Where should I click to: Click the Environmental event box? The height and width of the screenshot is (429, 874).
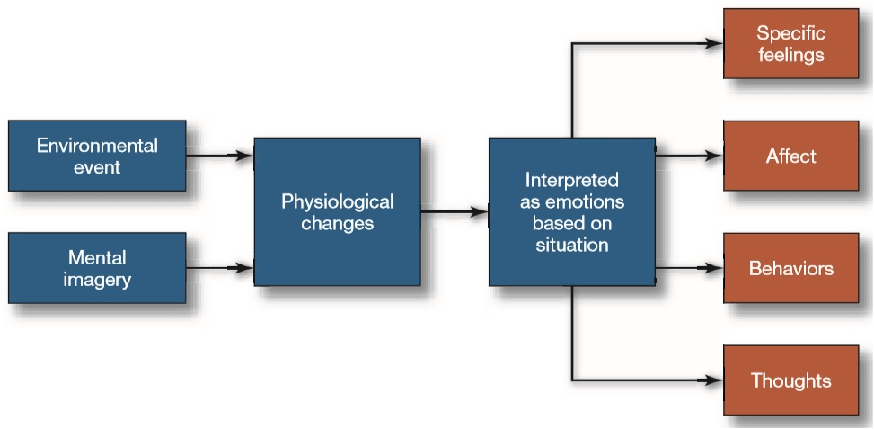point(97,156)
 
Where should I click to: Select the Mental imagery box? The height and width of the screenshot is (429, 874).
point(97,268)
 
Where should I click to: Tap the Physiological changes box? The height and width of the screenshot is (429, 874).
point(337,212)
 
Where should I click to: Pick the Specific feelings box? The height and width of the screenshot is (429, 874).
point(791,43)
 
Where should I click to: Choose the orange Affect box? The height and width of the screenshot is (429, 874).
point(791,156)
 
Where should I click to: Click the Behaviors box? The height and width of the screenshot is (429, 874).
point(791,268)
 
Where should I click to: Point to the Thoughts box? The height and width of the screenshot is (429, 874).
point(791,380)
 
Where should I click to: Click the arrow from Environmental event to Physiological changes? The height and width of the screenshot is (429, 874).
point(220,156)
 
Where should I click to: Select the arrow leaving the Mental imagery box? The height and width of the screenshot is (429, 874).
point(220,268)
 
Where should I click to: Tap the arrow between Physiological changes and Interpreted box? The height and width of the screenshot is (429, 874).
point(455,212)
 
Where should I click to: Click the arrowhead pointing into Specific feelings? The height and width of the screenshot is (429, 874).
point(714,43)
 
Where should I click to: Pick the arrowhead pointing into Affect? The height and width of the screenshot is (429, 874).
point(714,156)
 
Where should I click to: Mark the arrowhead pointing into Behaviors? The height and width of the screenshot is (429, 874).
point(714,268)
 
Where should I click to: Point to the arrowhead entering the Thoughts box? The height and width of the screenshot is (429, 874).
point(714,380)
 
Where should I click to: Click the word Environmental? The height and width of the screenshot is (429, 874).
point(97,147)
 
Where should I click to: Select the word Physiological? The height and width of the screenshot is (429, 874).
point(337,201)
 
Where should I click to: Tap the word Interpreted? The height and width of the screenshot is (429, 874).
point(572,180)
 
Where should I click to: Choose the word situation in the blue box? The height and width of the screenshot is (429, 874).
point(572,245)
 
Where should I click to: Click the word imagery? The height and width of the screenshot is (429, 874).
point(97,279)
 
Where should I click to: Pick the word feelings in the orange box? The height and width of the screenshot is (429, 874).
point(791,55)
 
